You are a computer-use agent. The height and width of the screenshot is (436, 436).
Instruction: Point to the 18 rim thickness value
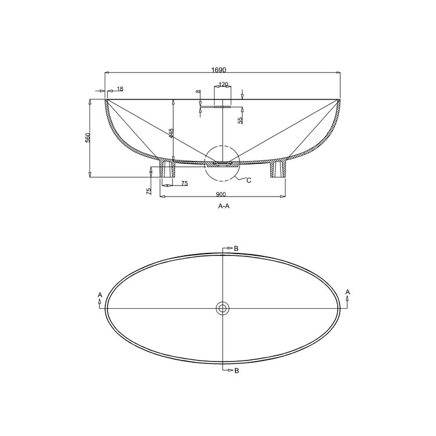tap(120, 89)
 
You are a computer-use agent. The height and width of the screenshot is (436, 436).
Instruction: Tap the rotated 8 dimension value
tap(198, 92)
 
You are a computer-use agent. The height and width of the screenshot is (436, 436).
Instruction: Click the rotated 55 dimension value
tap(241, 120)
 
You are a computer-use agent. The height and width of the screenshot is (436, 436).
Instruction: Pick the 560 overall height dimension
tap(88, 138)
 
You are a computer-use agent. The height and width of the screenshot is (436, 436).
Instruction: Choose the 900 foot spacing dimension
tap(221, 194)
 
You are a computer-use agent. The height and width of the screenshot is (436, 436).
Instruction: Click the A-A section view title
tap(223, 206)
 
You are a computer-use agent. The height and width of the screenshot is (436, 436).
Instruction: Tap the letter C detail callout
tap(249, 180)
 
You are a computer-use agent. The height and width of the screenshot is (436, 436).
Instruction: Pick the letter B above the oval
tap(236, 249)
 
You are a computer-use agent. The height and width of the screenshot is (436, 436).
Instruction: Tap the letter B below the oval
tap(236, 370)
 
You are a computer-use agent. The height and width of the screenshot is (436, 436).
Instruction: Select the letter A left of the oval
tap(101, 295)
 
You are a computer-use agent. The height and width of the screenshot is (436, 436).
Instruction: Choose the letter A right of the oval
tap(347, 291)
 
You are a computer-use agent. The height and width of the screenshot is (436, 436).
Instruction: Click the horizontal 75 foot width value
tap(184, 184)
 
